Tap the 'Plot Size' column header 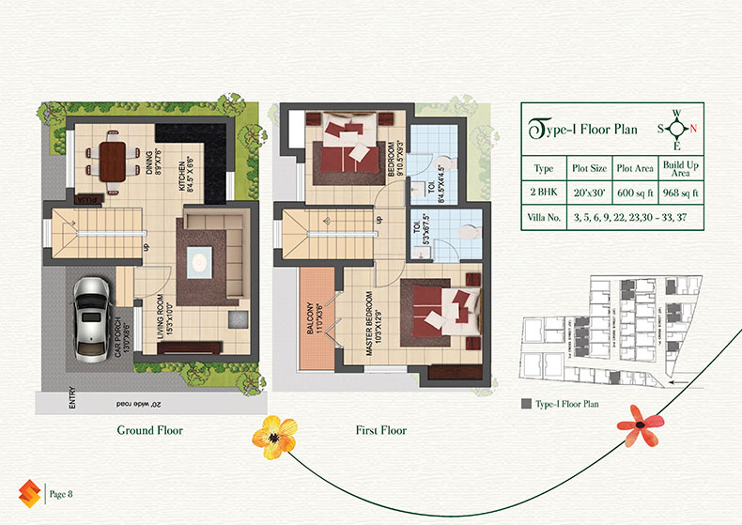click(x=590, y=168)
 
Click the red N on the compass click(x=693, y=129)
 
